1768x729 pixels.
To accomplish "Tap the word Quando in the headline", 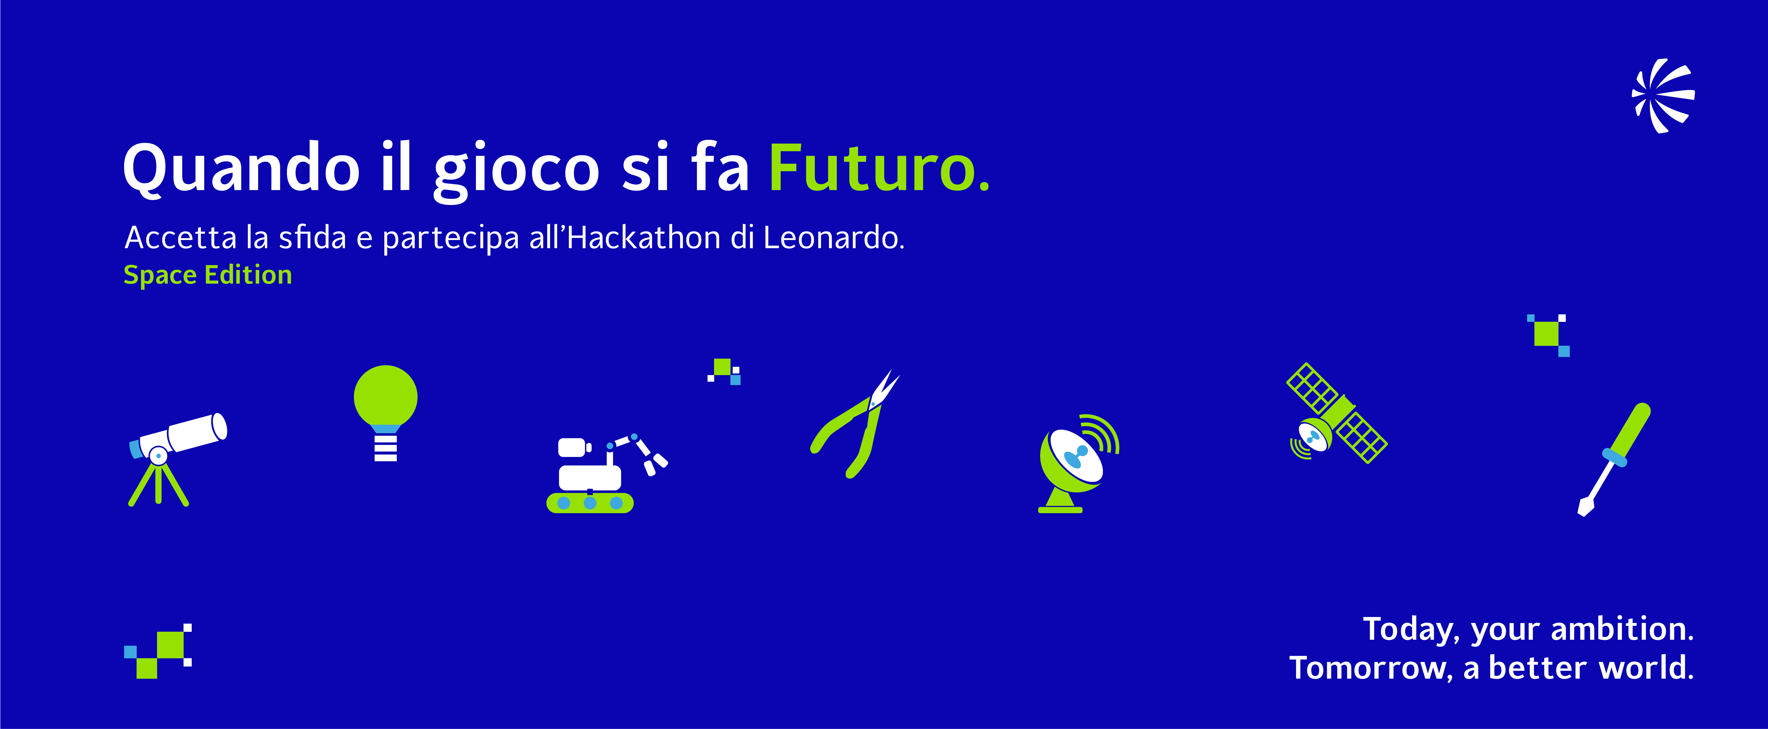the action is pos(241,169).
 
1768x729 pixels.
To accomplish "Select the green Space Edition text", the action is pos(207,275).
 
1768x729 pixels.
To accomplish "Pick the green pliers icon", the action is pos(854,424).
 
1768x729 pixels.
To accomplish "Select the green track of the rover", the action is pos(590,503).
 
